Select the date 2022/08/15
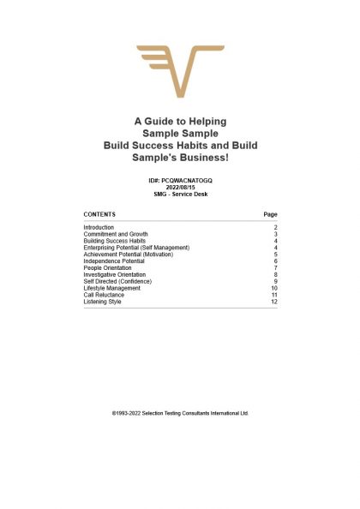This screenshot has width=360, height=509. pyautogui.click(x=180, y=189)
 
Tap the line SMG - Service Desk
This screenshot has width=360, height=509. pyautogui.click(x=180, y=195)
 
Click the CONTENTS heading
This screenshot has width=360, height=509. pyautogui.click(x=99, y=213)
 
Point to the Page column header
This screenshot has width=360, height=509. pyautogui.click(x=270, y=213)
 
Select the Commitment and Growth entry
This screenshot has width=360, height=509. pyautogui.click(x=115, y=234)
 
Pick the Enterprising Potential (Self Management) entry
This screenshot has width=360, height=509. pyautogui.click(x=136, y=248)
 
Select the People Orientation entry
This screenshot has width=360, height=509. pyautogui.click(x=108, y=268)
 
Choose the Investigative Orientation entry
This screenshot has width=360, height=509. pyautogui.click(x=115, y=275)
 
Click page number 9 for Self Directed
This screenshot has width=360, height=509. pyautogui.click(x=274, y=282)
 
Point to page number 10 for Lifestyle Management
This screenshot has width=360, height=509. pyautogui.click(x=273, y=289)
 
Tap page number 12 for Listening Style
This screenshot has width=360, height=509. pyautogui.click(x=273, y=302)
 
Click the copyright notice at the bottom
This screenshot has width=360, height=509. pyautogui.click(x=180, y=412)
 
